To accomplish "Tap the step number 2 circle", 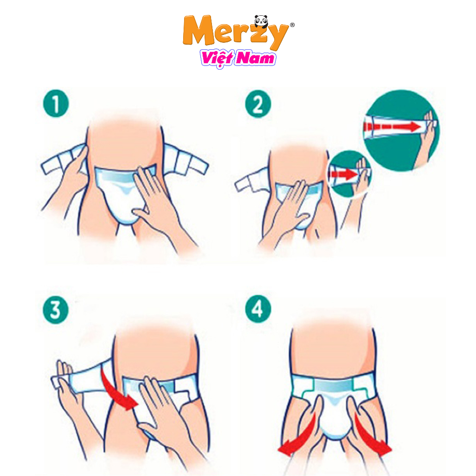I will coord(258,105).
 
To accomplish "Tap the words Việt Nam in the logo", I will coord(238,59).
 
